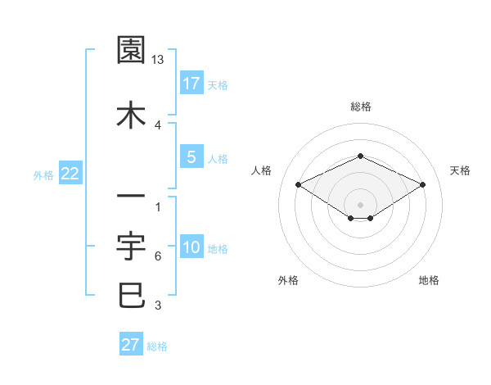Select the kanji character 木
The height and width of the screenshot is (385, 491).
pyautogui.click(x=131, y=115)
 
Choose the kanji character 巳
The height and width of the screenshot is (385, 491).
pyautogui.click(x=131, y=295)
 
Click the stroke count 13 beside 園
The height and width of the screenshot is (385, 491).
pyautogui.click(x=159, y=61)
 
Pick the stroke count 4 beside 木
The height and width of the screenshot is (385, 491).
pyautogui.click(x=158, y=125)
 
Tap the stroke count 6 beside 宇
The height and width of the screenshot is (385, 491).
pyautogui.click(x=158, y=256)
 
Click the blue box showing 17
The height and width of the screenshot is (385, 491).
pyautogui.click(x=191, y=83)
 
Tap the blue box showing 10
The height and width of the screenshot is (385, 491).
pyautogui.click(x=191, y=247)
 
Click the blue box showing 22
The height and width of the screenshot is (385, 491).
pyautogui.click(x=70, y=174)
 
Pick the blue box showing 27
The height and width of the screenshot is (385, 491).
pyautogui.click(x=131, y=344)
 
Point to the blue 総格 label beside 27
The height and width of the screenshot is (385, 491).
pyautogui.click(x=157, y=346)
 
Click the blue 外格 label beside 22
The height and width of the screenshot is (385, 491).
pyautogui.click(x=43, y=175)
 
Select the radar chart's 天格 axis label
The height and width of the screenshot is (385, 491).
pyautogui.click(x=460, y=170)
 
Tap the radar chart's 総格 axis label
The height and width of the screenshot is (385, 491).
pyautogui.click(x=360, y=106)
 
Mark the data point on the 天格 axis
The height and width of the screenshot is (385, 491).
pyautogui.click(x=422, y=184)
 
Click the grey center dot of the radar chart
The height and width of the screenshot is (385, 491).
pyautogui.click(x=360, y=204)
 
